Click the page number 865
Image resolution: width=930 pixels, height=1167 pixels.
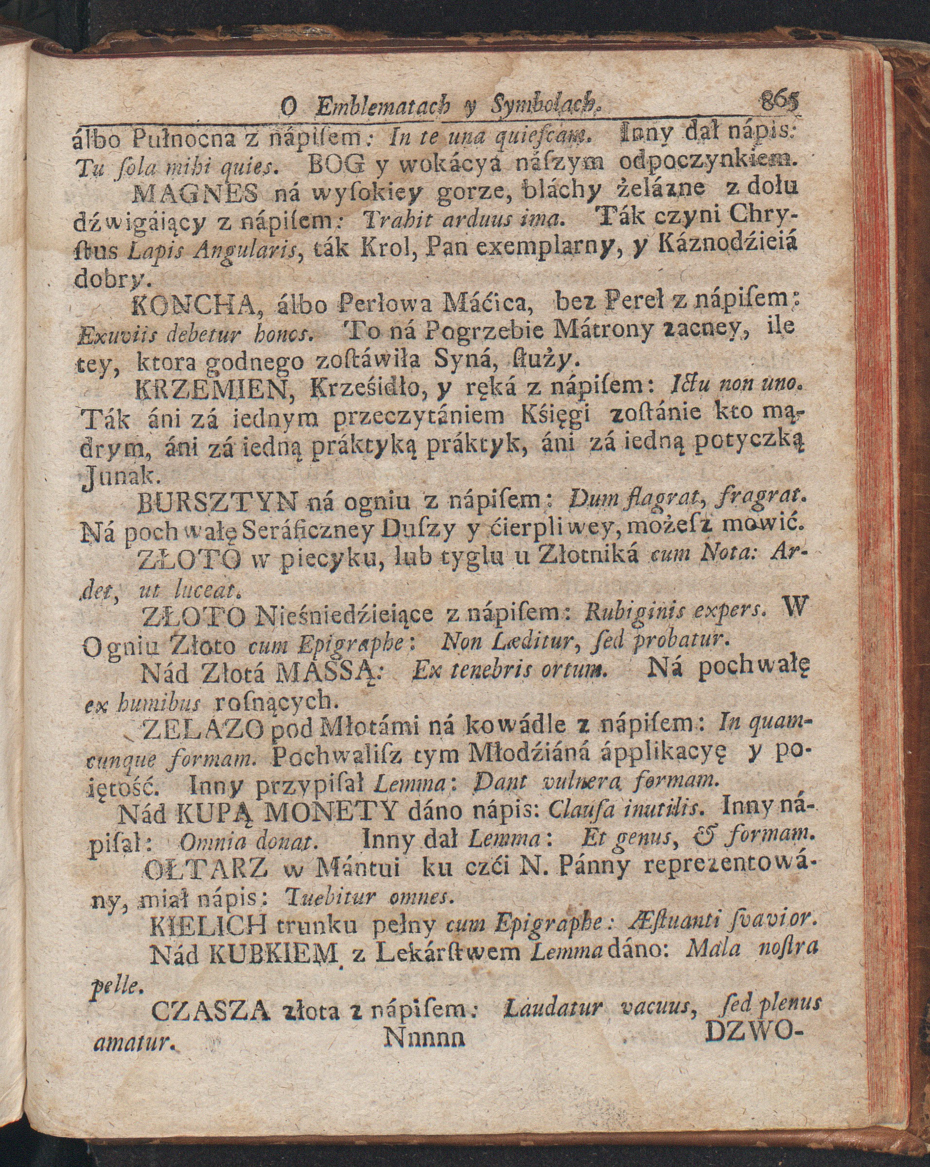click(x=777, y=101)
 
